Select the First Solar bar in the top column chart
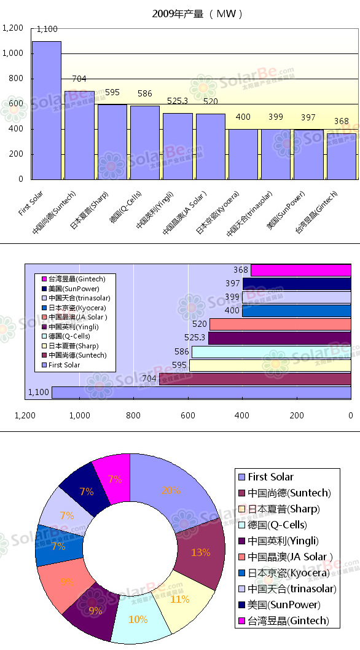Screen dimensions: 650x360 47,111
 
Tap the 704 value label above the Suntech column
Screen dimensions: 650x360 79,79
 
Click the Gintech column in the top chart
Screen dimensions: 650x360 342,157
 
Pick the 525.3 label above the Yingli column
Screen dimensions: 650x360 178,101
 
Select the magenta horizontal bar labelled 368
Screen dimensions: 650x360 301,270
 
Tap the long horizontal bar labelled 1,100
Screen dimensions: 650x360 201,392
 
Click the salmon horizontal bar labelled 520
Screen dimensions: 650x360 280,324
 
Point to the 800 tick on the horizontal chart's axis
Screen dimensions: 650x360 133,415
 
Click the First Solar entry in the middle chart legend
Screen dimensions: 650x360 64,365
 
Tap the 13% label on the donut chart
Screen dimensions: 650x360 200,552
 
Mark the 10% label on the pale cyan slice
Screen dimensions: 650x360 138,619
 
